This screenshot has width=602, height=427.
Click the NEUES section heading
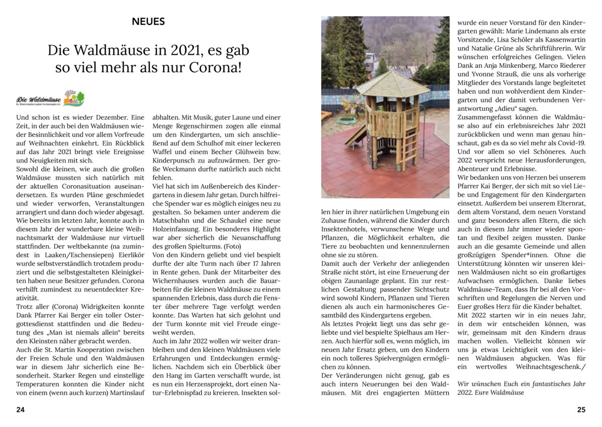point(148,22)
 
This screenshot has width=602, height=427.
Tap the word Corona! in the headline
point(217,67)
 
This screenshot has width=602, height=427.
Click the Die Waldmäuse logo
point(50,98)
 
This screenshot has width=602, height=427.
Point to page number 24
point(20,409)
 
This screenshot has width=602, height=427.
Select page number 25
point(581,409)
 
